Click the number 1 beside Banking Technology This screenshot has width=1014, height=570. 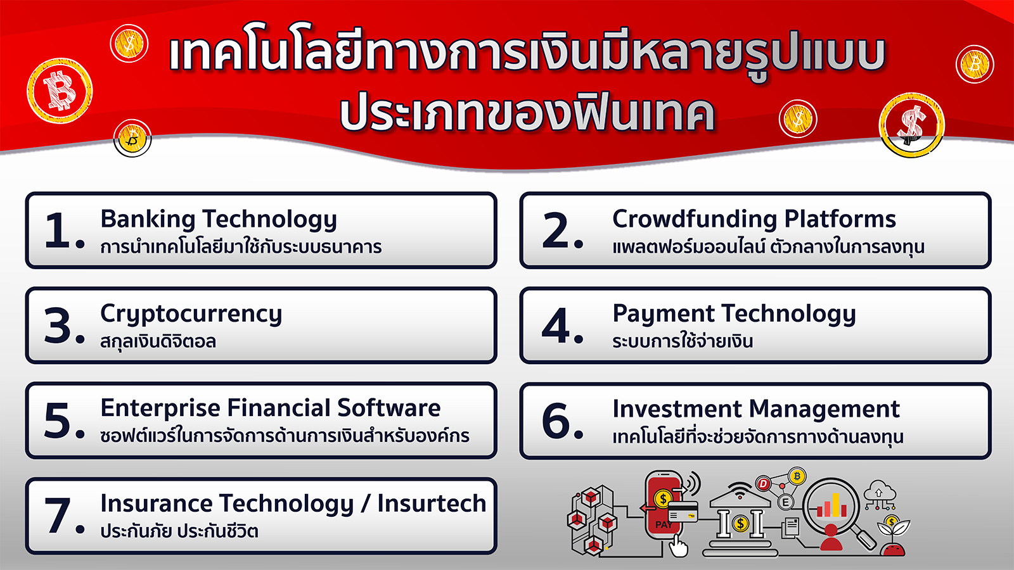(x=58, y=231)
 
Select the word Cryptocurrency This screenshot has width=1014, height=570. (x=191, y=315)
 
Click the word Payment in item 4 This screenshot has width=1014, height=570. (x=663, y=314)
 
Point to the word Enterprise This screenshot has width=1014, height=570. (x=160, y=409)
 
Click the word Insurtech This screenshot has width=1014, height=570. (x=432, y=503)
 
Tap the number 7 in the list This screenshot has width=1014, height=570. (x=58, y=516)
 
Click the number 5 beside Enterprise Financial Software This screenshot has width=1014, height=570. (x=58, y=421)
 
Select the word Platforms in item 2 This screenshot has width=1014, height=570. (x=840, y=219)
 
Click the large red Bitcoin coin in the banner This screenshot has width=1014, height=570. (x=60, y=91)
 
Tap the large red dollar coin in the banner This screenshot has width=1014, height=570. (x=912, y=125)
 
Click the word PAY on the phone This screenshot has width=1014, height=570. (x=664, y=525)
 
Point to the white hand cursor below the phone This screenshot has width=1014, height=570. (x=678, y=545)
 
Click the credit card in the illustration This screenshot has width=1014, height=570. (x=683, y=512)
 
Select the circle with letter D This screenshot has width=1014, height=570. (x=764, y=484)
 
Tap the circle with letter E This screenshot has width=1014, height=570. (x=785, y=502)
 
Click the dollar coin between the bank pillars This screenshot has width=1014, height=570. (x=741, y=524)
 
